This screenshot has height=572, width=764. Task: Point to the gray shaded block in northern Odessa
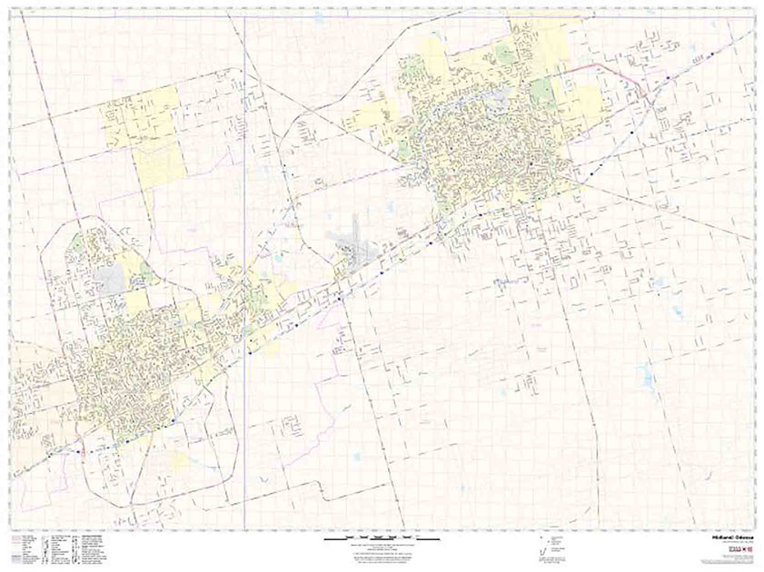click(x=111, y=278)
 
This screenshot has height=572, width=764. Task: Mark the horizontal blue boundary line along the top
click(x=363, y=16)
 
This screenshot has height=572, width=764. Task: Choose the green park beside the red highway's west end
click(x=542, y=88)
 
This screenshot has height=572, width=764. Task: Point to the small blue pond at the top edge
click(x=320, y=16)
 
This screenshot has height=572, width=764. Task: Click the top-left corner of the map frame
click(x=12, y=11)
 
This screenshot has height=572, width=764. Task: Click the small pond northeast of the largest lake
click(x=677, y=309)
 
